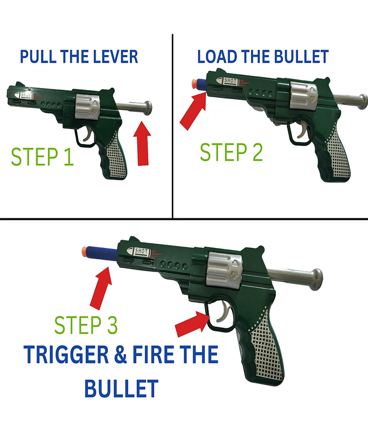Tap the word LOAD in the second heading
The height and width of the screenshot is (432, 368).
click(217, 57)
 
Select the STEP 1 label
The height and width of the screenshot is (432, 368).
click(43, 157)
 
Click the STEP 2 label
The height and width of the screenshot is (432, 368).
click(231, 152)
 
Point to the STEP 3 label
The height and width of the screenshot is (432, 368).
click(86, 325)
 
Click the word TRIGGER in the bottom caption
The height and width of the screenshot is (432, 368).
click(66, 355)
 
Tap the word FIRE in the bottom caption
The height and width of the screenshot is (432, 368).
click(155, 355)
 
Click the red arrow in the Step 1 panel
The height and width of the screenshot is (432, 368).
click(142, 143)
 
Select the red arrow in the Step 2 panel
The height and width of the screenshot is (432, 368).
click(193, 111)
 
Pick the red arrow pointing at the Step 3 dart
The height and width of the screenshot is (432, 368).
click(101, 288)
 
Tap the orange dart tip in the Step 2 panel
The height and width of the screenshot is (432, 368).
click(195, 84)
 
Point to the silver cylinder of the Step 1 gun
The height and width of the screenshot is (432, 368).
click(87, 107)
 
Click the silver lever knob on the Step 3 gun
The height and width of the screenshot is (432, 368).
click(316, 279)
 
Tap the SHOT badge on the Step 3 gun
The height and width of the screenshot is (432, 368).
click(139, 251)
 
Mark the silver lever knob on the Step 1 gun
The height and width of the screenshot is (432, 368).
click(148, 108)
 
